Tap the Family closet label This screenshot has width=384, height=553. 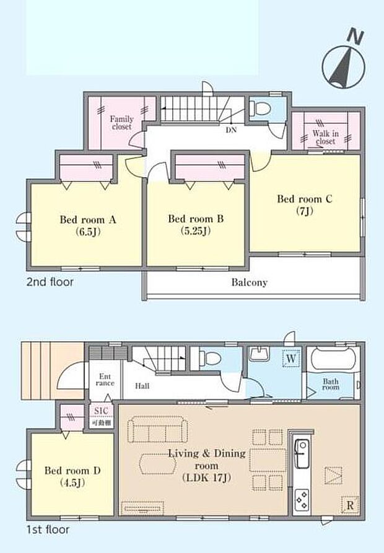pos(122,123)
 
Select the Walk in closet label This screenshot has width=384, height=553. pos(324,137)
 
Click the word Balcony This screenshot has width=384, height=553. pos(250,282)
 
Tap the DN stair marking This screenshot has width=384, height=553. pos(230,130)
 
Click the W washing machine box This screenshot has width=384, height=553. pos(291,357)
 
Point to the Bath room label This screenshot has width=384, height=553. pos(331,385)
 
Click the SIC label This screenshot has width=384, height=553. pos(101,412)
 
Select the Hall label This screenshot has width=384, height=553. pos(142,385)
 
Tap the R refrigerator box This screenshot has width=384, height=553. pos(350,505)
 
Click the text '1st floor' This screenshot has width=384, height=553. pos(48,529)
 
